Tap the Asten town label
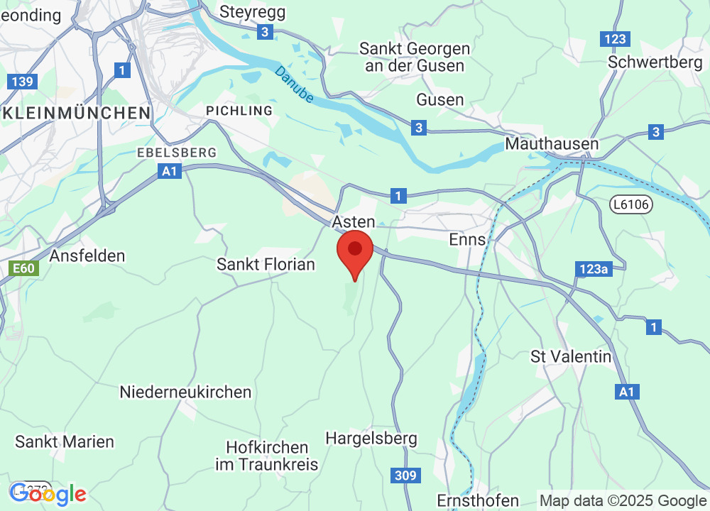354,222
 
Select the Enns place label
468,239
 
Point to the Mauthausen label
552,143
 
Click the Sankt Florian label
266,265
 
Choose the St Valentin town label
571,356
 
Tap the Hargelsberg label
371,439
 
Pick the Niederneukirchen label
185,392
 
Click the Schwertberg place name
655,62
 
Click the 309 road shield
403,476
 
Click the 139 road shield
22,82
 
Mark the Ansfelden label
88,255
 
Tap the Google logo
48,493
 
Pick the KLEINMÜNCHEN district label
76,113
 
